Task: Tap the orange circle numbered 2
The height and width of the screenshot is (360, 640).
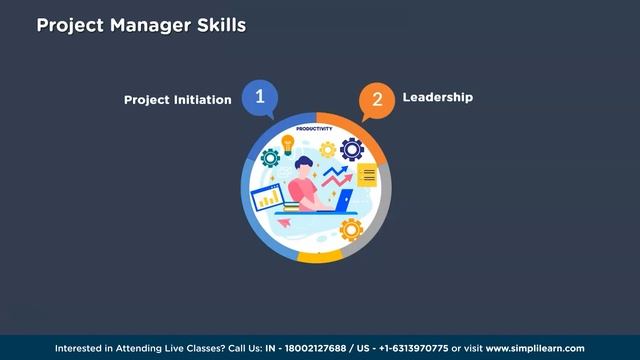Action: tap(376, 99)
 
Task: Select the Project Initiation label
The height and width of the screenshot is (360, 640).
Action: tap(177, 100)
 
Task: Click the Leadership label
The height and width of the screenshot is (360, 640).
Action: tap(437, 98)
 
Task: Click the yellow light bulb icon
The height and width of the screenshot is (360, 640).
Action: tap(288, 145)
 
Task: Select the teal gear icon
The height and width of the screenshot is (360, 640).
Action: tap(269, 158)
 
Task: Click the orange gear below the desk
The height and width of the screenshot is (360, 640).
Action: tap(350, 229)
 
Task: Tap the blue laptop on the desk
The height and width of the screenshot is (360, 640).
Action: tap(342, 200)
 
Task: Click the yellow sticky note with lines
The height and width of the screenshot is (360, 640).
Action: tap(367, 176)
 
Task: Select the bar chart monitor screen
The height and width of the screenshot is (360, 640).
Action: tap(268, 197)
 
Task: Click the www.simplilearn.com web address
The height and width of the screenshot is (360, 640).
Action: tap(535, 348)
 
